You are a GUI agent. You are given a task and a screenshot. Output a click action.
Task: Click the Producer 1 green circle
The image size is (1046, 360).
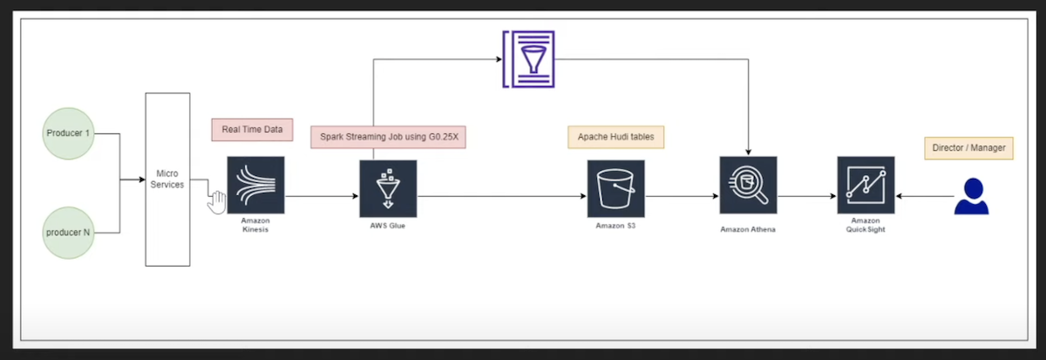coord(67,133)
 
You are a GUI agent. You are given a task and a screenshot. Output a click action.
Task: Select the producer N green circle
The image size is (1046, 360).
coord(67,234)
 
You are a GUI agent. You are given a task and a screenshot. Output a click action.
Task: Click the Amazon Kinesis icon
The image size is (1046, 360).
coord(255,185)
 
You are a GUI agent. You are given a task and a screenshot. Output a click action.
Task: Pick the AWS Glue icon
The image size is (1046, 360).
coord(388,188)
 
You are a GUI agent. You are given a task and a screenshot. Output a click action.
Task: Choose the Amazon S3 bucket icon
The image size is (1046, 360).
coord(615,188)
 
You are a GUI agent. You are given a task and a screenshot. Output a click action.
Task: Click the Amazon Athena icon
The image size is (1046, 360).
coord(748,186)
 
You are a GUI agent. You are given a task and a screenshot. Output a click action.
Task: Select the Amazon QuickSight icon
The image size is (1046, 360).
coord(866,186)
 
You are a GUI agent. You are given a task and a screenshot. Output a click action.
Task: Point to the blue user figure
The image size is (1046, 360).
coord(971,196)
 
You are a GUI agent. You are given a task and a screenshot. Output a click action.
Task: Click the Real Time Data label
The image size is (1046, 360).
coord(252,130)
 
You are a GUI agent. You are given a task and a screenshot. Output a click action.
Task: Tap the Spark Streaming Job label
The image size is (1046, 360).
coord(388,138)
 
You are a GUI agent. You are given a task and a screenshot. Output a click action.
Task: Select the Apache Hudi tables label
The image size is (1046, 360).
coord(615,137)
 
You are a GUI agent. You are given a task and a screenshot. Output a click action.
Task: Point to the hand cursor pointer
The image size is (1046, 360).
coord(215,200)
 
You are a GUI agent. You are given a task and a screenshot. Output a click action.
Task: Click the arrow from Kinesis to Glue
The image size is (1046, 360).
coord(322,196)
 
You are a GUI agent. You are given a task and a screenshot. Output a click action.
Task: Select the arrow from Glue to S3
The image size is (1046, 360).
coord(501,196)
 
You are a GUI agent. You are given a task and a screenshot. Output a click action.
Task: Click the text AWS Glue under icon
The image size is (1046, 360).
coord(388,227)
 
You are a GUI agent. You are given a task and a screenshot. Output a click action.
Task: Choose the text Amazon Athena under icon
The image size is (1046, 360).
coord(747,229)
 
